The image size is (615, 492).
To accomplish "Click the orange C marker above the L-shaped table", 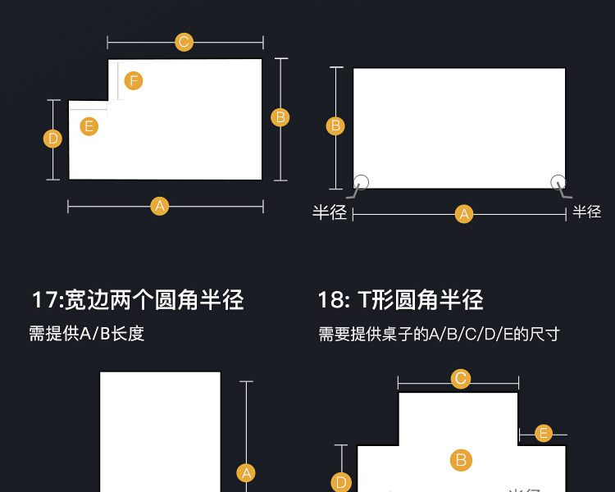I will click(x=184, y=42).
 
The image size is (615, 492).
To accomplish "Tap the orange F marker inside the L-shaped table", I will click(x=134, y=80).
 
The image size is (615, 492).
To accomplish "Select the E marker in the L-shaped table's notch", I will click(x=89, y=126).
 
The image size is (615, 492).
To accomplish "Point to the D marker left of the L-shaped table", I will click(x=53, y=139).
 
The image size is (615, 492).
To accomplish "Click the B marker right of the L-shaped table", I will click(x=280, y=117).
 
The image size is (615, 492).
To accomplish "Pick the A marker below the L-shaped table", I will click(x=160, y=206).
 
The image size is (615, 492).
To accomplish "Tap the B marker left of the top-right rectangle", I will click(x=335, y=125).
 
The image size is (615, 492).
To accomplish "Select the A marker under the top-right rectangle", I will click(x=464, y=215).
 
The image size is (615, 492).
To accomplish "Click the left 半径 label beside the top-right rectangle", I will click(x=330, y=212).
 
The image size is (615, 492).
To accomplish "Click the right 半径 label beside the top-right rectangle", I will click(x=587, y=212).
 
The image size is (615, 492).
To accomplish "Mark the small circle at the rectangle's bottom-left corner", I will click(x=362, y=182).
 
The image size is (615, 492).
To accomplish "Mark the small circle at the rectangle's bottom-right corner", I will click(x=558, y=182).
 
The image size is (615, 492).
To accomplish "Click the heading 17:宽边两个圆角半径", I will click(x=138, y=299).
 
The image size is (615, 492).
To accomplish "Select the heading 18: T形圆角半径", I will click(x=400, y=299).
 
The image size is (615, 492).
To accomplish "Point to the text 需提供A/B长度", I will click(x=87, y=334).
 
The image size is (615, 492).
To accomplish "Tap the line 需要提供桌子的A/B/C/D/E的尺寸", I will click(x=439, y=334).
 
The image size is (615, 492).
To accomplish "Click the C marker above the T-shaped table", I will click(x=461, y=378).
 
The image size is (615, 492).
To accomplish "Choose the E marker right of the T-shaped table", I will click(x=543, y=433).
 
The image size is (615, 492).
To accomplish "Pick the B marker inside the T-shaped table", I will click(x=461, y=460).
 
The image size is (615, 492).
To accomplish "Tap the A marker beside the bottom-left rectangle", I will click(x=246, y=472).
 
